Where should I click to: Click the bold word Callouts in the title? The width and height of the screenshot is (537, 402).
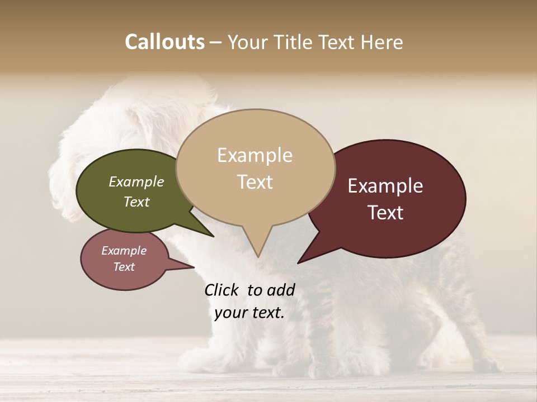164,42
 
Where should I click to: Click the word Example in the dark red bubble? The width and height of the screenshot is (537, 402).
385,186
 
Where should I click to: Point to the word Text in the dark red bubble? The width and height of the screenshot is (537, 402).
385,213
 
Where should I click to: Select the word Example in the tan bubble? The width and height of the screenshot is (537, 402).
255,155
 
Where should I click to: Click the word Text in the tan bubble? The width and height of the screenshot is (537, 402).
255,182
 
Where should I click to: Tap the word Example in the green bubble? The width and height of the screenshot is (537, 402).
136,181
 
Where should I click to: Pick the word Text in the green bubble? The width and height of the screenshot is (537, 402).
136,202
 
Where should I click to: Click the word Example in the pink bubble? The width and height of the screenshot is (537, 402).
124,251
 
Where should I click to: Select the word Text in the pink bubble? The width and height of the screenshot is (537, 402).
124,267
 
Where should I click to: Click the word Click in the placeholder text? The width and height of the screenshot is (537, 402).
222,290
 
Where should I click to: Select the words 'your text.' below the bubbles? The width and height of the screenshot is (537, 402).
249,313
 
